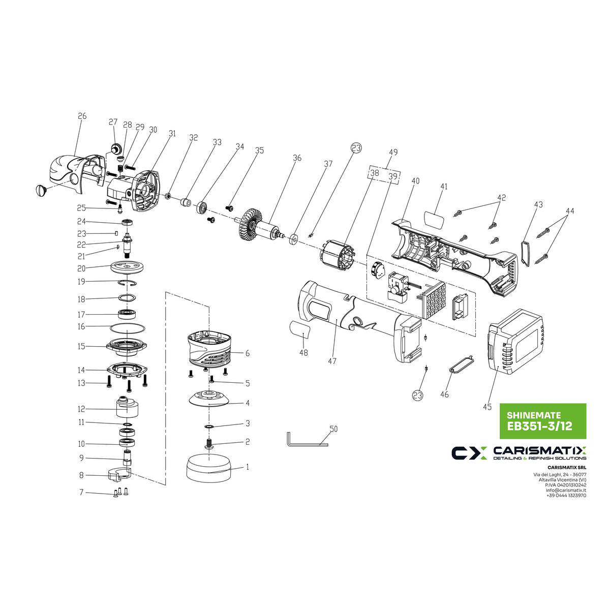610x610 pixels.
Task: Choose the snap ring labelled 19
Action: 127,282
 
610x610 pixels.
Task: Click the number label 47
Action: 332,361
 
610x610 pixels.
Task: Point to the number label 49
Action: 393,152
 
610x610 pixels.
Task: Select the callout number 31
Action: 172,134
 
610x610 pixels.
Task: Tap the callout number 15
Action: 81,346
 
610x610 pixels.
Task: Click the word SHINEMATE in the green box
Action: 529,414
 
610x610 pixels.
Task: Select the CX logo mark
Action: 469,452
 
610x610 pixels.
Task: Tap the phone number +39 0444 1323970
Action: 566,496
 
